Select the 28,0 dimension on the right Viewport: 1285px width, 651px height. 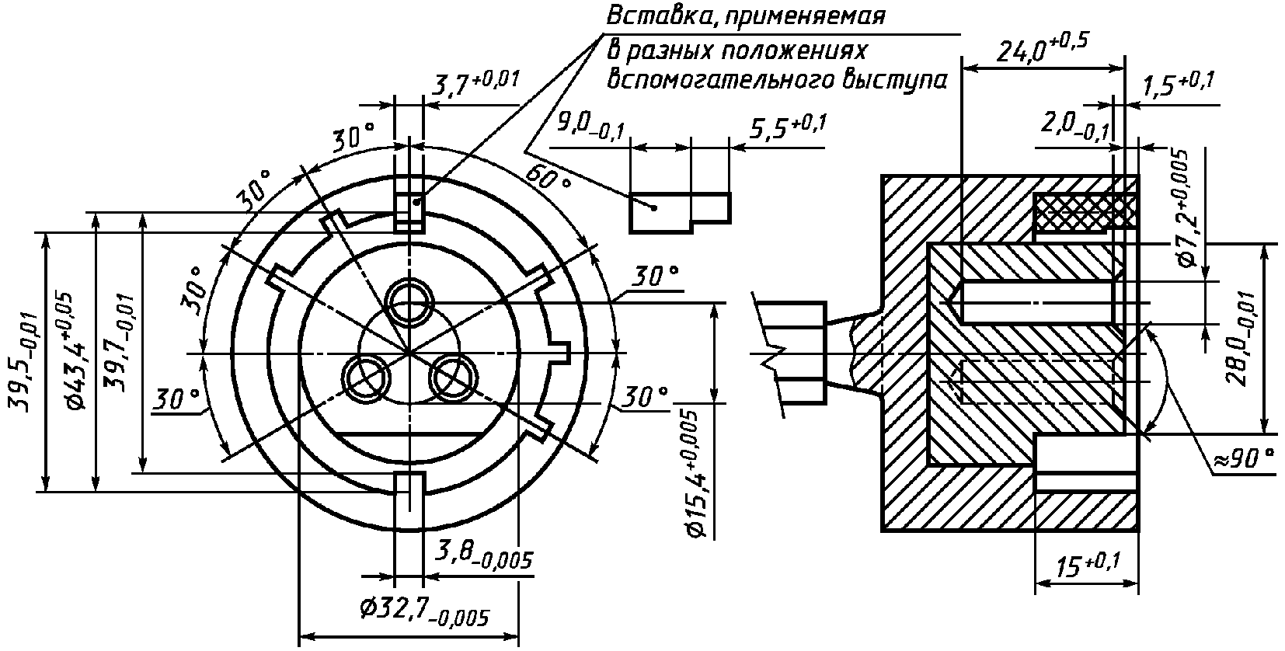click(x=1244, y=339)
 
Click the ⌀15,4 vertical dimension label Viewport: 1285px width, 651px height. click(x=697, y=474)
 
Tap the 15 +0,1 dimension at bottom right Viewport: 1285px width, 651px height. click(x=1088, y=566)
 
